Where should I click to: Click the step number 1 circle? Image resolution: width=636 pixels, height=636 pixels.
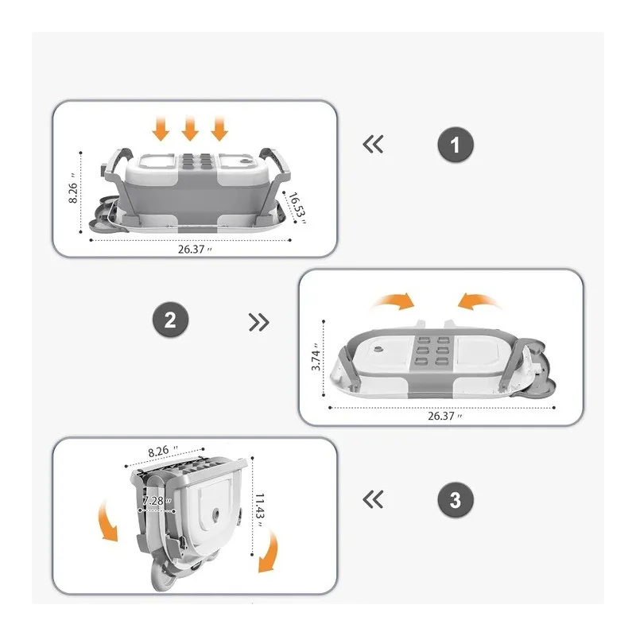(456, 145)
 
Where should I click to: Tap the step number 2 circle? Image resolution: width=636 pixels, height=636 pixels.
(170, 320)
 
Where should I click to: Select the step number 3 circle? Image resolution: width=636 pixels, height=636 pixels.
(456, 499)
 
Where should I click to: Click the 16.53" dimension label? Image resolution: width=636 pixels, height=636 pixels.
(297, 208)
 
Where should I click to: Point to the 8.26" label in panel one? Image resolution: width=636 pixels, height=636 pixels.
(72, 189)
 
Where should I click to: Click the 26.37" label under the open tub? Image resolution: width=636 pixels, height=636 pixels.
(195, 249)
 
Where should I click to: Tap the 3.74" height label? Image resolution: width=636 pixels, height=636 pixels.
(316, 357)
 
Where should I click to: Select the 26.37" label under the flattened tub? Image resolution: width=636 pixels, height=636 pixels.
(445, 416)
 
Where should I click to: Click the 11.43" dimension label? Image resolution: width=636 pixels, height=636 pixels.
(261, 510)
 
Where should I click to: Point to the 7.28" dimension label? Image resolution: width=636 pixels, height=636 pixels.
(157, 501)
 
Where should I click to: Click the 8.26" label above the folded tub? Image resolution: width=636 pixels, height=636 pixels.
(163, 451)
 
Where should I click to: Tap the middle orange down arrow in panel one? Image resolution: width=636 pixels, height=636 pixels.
(190, 128)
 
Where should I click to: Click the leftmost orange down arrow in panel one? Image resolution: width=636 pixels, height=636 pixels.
(161, 128)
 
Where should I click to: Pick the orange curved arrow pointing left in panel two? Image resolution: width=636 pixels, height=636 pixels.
(479, 301)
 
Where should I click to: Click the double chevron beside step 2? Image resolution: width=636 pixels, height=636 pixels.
(259, 323)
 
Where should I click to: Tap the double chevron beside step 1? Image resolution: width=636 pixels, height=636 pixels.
(373, 145)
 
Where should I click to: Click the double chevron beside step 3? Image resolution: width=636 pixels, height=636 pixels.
(373, 499)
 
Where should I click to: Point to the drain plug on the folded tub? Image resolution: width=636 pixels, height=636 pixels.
(215, 514)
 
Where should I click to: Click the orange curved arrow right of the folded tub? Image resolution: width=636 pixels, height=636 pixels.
(269, 552)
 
